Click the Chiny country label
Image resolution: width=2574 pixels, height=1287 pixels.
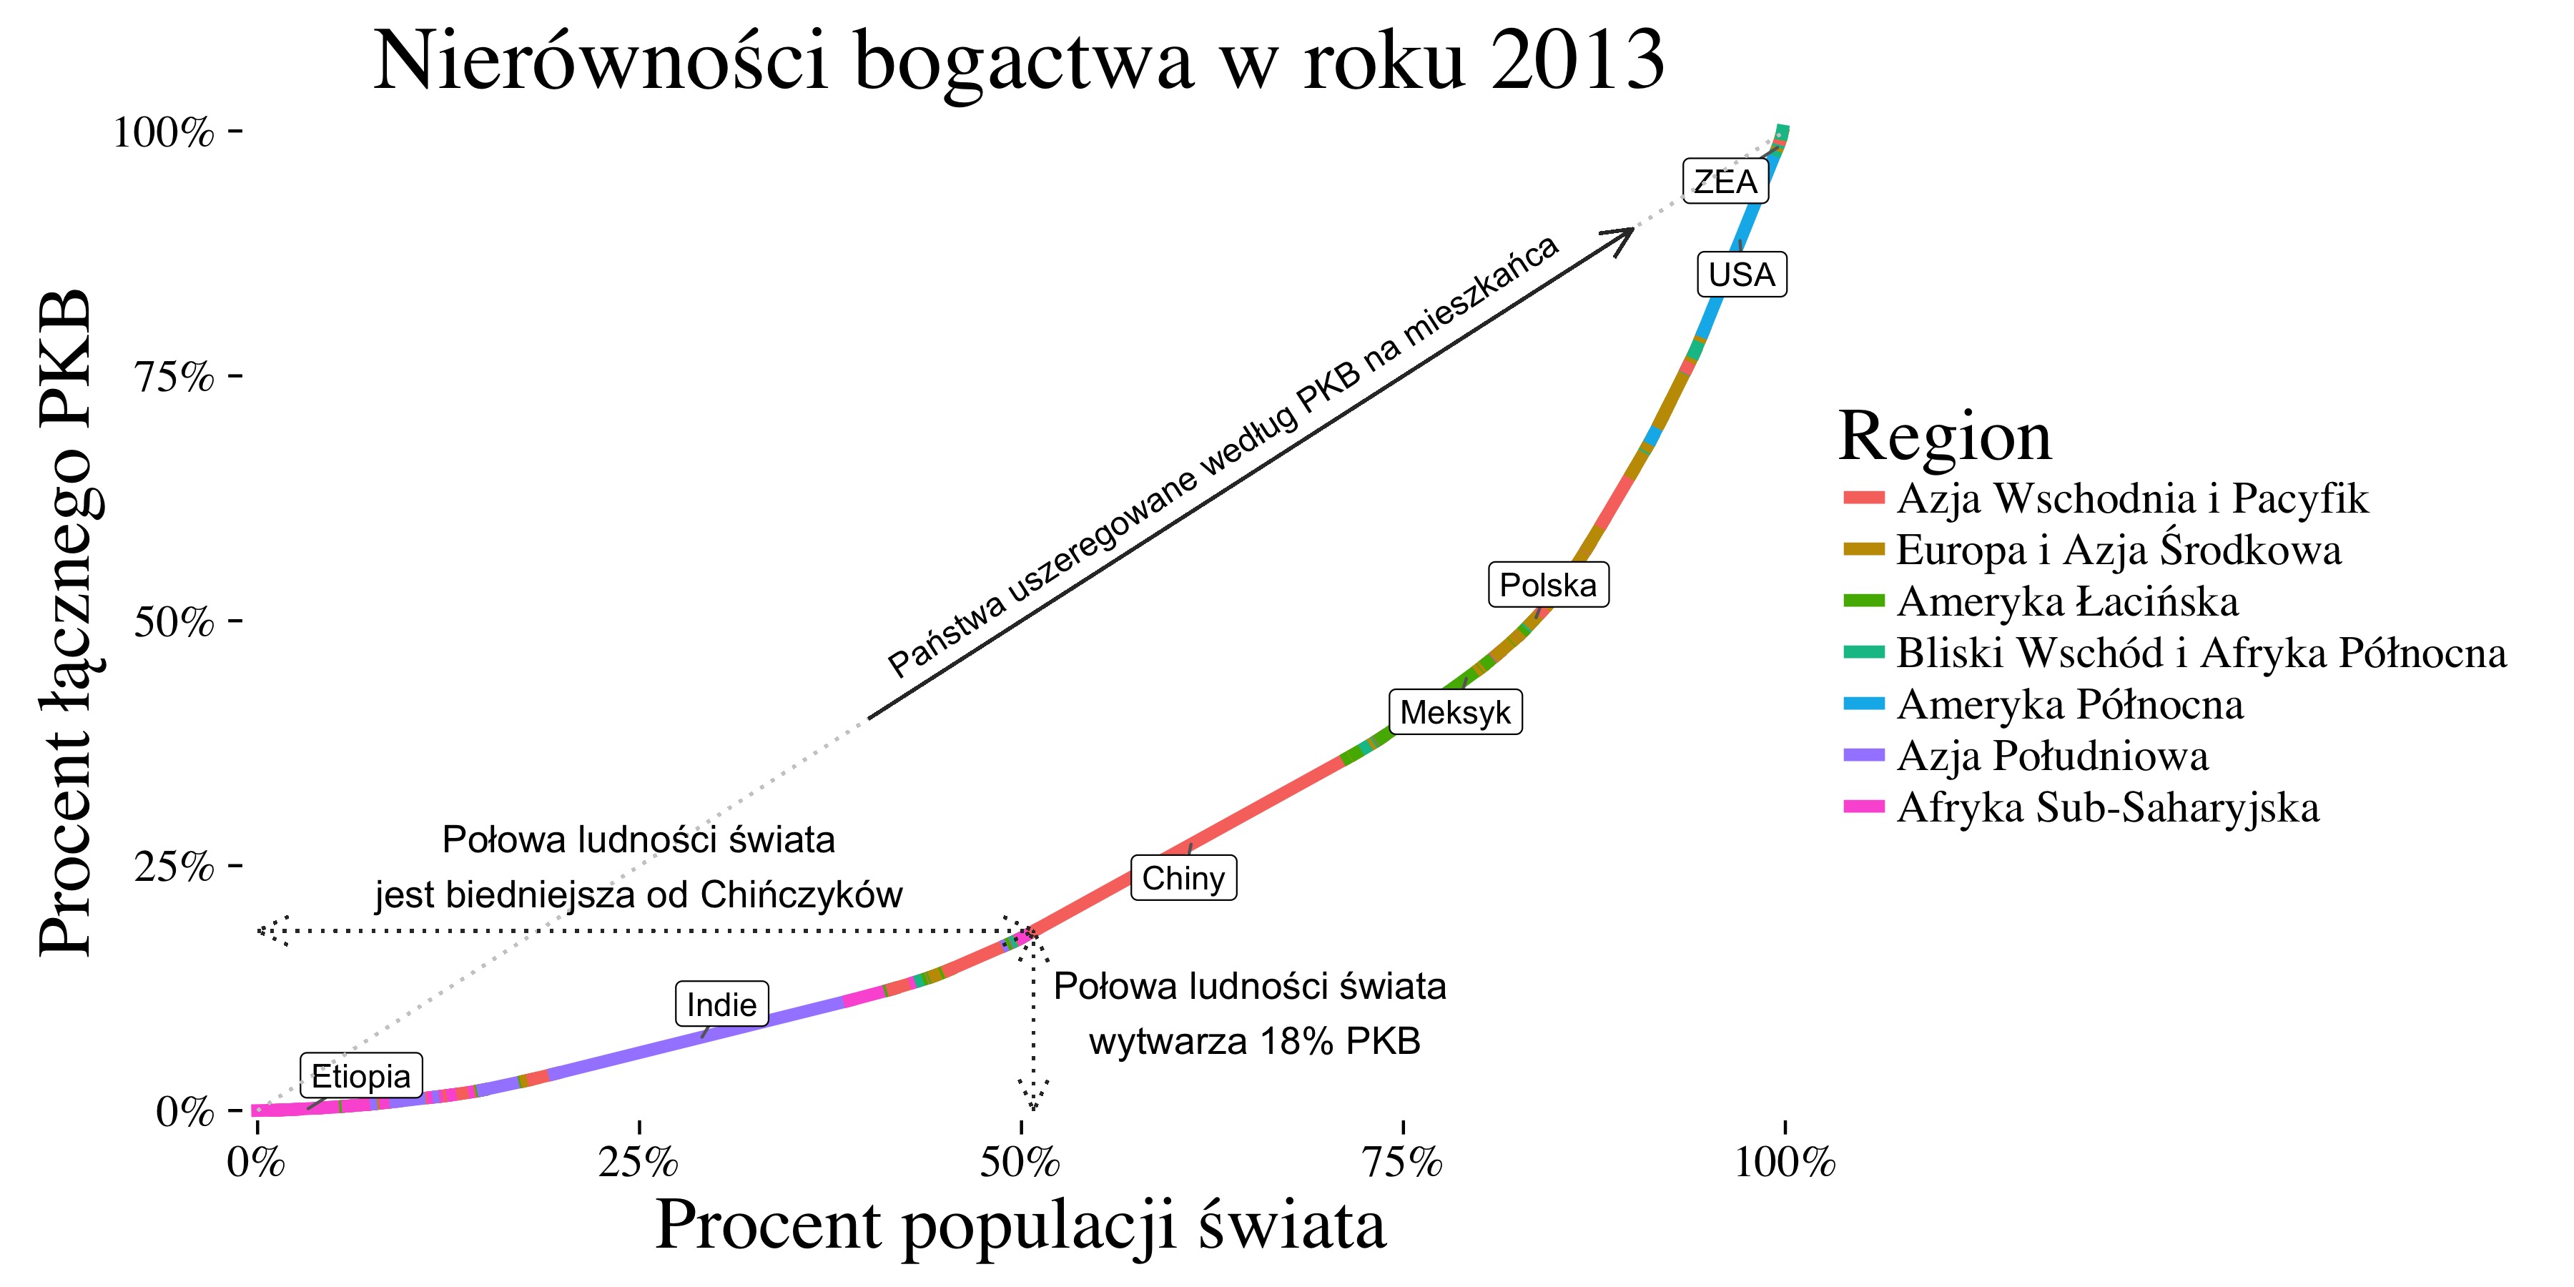pyautogui.click(x=1183, y=878)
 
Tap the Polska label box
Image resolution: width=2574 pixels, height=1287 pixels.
pyautogui.click(x=1548, y=585)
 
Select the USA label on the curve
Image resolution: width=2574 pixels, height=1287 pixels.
pyautogui.click(x=1742, y=275)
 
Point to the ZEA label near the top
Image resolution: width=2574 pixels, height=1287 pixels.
pyautogui.click(x=1725, y=182)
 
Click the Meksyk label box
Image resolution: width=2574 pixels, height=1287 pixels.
pyautogui.click(x=1455, y=712)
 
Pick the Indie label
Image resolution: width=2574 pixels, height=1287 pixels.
pyautogui.click(x=721, y=1005)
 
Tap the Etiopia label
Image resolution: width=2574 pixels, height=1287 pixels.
pyautogui.click(x=361, y=1076)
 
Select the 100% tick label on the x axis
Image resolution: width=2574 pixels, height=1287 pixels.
pyautogui.click(x=1785, y=1163)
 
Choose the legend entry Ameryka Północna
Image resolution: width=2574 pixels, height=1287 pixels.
pyautogui.click(x=2069, y=704)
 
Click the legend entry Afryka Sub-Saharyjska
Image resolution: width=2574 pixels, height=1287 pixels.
pyautogui.click(x=2107, y=807)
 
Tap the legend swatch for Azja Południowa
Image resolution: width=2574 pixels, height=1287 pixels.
pyautogui.click(x=1863, y=756)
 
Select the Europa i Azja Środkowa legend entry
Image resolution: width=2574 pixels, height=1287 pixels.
pyautogui.click(x=2119, y=550)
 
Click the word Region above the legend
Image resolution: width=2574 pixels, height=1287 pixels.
pyautogui.click(x=1945, y=437)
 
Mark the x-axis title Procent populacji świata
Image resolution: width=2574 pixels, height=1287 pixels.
pyautogui.click(x=1020, y=1226)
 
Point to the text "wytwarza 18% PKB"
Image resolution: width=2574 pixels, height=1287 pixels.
pyautogui.click(x=1254, y=1042)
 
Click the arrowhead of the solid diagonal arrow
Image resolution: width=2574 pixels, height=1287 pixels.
pyautogui.click(x=1626, y=234)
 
